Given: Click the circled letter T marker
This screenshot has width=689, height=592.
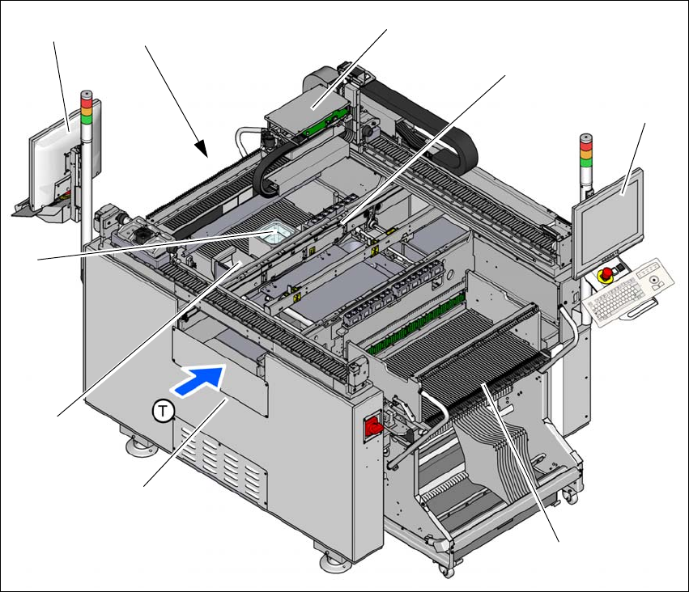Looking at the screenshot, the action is [163, 412].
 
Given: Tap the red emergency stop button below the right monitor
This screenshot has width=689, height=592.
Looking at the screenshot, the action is [606, 274].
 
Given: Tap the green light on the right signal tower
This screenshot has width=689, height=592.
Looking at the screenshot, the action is [585, 162].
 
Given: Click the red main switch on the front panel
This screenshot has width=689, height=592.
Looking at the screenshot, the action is [373, 425].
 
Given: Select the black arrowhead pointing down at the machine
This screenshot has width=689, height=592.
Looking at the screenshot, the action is [202, 148].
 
